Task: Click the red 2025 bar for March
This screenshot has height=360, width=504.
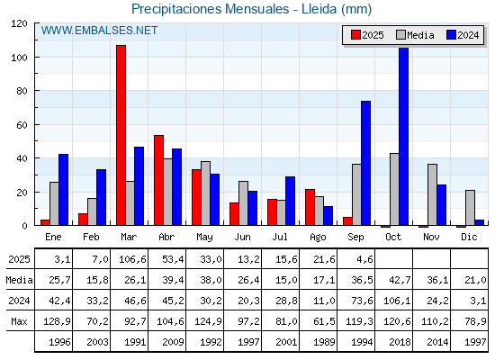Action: pyautogui.click(x=121, y=135)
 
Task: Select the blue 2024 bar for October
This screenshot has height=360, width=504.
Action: pyautogui.click(x=404, y=136)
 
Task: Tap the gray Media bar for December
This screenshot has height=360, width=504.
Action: pyautogui.click(x=470, y=208)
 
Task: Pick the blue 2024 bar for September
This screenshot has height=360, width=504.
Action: pyautogui.click(x=365, y=163)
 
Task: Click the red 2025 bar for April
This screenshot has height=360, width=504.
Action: pyautogui.click(x=158, y=180)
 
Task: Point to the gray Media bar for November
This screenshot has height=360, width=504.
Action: pyautogui.click(x=432, y=194)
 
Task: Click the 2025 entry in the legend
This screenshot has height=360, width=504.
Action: pyautogui.click(x=367, y=35)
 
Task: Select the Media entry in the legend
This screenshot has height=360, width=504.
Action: pyautogui.click(x=415, y=35)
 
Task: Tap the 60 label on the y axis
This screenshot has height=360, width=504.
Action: pyautogui.click(x=22, y=125)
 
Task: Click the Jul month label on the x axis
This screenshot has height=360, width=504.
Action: pyautogui.click(x=280, y=237)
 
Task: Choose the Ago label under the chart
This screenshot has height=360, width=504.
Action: pyautogui.click(x=318, y=238)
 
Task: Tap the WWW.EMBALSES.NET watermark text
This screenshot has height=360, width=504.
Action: pyautogui.click(x=99, y=31)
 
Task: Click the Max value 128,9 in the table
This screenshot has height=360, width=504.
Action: pyautogui.click(x=57, y=321)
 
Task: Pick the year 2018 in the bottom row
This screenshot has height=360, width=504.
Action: pyautogui.click(x=400, y=342)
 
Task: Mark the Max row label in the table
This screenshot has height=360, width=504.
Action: pyautogui.click(x=19, y=321)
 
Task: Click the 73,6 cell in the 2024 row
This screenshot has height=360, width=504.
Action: pyautogui.click(x=362, y=301)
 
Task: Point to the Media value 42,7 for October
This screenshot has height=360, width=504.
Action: pyautogui.click(x=400, y=280)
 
